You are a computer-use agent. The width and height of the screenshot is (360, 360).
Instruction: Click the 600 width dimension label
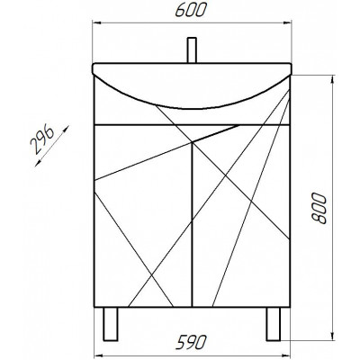click(191, 10)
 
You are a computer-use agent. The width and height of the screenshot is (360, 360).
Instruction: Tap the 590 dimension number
click(191, 343)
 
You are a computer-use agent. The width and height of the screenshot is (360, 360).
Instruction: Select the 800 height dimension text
click(319, 208)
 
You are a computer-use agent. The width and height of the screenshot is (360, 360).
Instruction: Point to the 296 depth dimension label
click(41, 140)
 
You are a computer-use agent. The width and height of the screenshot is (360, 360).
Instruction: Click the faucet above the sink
click(192, 50)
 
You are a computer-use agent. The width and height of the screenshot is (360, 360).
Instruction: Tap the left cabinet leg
click(111, 324)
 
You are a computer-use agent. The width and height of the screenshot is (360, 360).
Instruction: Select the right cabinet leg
click(274, 324)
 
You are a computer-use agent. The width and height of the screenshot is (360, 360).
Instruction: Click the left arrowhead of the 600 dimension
click(96, 22)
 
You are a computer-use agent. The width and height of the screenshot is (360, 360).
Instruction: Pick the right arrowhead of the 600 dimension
click(287, 22)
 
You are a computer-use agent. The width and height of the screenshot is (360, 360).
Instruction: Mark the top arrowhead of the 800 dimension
click(332, 80)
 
